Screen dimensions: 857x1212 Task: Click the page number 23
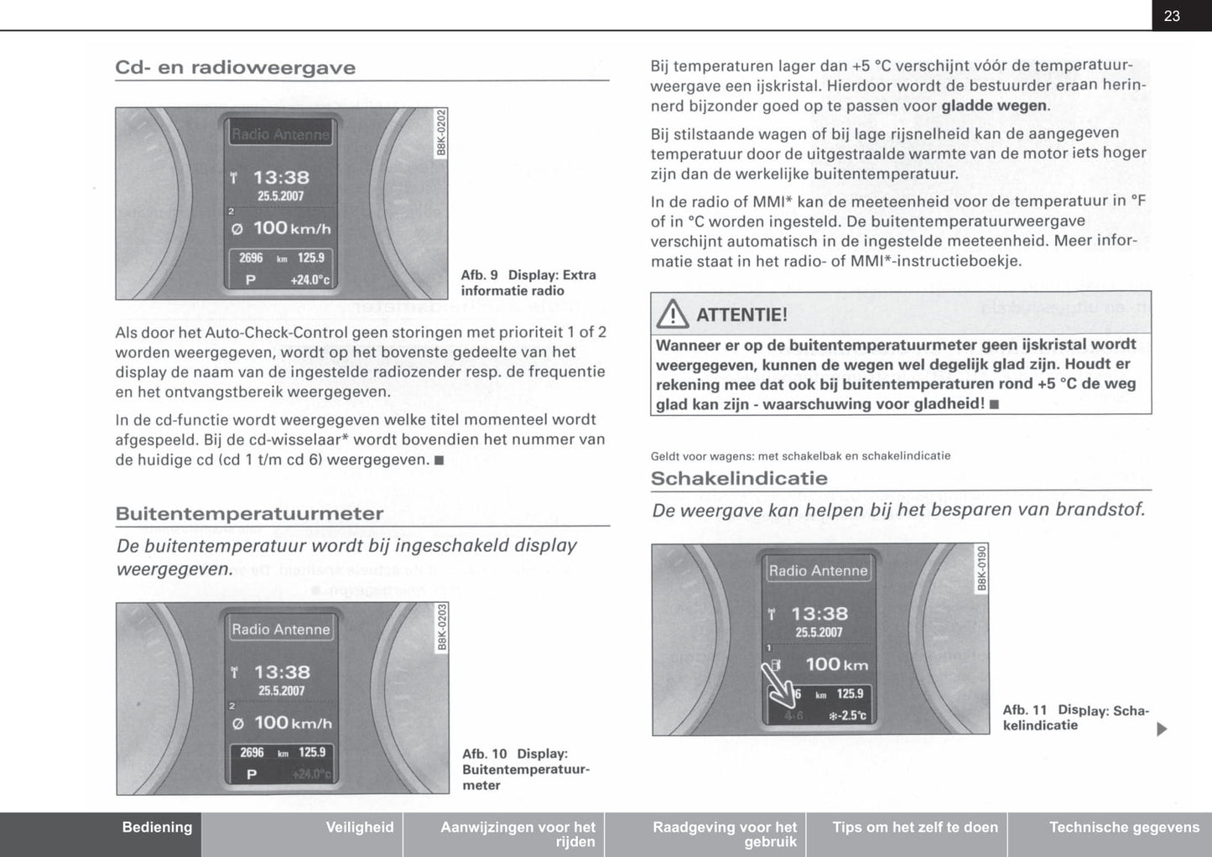1172,16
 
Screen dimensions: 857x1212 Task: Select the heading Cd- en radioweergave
235,68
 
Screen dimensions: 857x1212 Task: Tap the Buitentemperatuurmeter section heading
249,513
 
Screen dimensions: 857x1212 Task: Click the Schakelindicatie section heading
739,479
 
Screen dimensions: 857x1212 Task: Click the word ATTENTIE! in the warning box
741,315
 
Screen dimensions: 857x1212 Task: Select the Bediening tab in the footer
157,828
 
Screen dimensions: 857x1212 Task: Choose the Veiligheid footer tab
359,828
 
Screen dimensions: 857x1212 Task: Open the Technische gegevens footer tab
1124,828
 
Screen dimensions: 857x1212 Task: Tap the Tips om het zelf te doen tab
915,828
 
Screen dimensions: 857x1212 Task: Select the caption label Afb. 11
1025,710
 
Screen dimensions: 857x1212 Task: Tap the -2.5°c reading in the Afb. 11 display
848,715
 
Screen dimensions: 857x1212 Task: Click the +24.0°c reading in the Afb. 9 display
310,280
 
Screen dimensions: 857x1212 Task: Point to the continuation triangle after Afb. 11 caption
1162,730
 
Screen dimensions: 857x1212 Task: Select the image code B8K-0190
982,568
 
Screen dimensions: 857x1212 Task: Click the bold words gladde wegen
994,106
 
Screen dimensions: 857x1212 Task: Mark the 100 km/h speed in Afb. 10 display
293,722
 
